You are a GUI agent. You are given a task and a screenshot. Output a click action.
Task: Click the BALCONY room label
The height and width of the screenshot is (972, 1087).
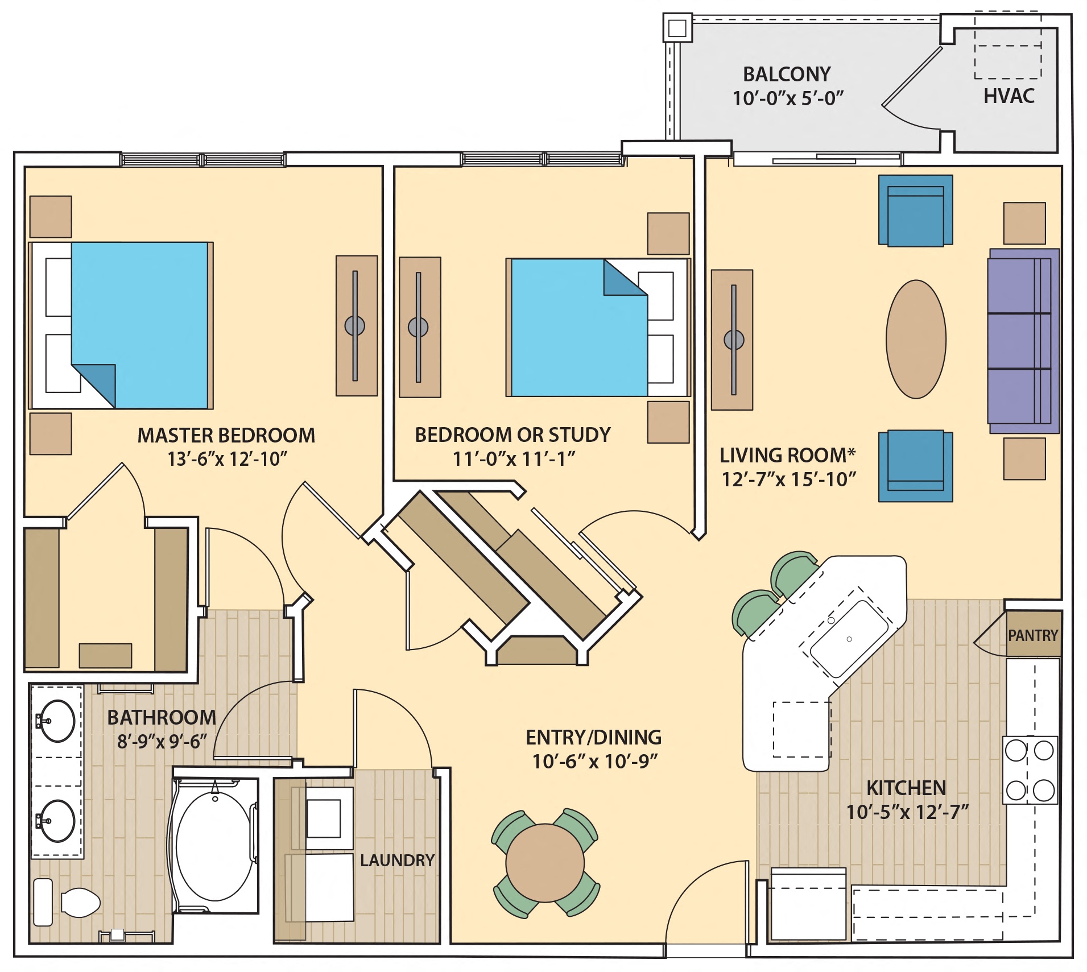[x=787, y=75]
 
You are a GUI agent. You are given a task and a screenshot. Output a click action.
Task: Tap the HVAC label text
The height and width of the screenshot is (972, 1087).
[x=1009, y=96]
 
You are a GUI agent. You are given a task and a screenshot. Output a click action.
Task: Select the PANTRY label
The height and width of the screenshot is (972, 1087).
[x=1032, y=635]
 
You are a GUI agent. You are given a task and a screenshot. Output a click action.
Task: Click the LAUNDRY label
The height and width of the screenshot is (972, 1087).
[x=397, y=860]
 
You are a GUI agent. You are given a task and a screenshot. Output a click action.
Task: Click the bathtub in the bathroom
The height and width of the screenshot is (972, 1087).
[x=214, y=846]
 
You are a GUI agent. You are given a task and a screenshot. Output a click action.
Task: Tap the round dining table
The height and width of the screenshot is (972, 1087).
[x=544, y=863]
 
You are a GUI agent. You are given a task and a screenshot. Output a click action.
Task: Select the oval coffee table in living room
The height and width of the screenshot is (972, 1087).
[x=915, y=339]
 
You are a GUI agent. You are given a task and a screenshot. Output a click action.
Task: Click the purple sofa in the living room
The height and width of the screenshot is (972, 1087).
[x=1023, y=341]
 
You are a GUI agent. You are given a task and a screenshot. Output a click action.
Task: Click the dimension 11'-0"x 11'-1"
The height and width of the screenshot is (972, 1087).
[x=514, y=458]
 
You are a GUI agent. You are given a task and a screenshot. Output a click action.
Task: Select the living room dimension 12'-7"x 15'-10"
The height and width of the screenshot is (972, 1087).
[x=788, y=479]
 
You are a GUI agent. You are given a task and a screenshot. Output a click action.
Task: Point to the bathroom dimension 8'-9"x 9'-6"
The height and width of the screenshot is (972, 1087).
[x=162, y=742]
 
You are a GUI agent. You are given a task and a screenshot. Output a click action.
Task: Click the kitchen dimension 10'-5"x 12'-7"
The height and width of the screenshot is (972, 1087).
[x=907, y=812]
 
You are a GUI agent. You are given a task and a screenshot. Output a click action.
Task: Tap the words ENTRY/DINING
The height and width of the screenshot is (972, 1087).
[x=593, y=737]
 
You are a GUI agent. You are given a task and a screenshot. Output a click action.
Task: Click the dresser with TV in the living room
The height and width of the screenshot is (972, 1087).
[x=732, y=340]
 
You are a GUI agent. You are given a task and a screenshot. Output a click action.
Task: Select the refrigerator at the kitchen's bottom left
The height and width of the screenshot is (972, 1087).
[x=808, y=904]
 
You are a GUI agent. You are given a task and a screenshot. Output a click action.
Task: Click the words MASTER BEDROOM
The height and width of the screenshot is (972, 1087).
[x=226, y=436]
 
